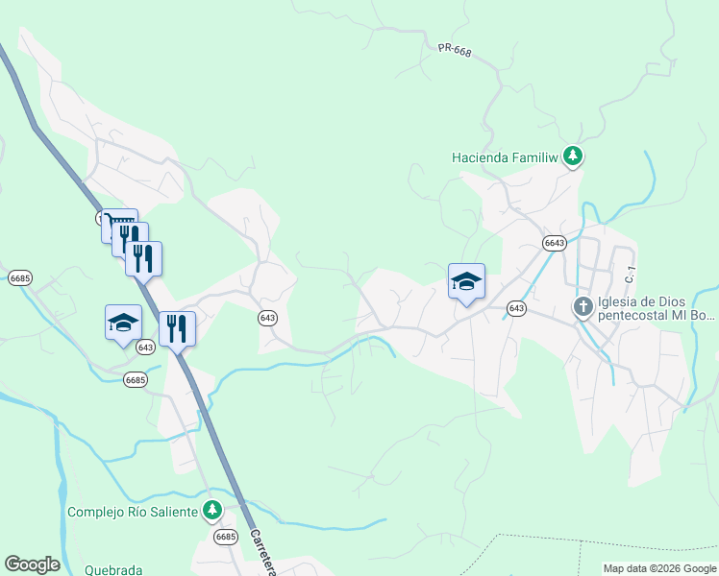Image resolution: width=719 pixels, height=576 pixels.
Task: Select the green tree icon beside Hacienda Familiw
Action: coord(573,156)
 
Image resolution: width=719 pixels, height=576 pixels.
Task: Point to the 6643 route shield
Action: coord(554,243)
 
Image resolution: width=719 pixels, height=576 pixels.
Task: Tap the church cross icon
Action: coord(583,307)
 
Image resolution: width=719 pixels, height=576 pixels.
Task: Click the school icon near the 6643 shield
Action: coord(466,281)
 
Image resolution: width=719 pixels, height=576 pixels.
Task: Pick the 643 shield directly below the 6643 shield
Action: coord(516,308)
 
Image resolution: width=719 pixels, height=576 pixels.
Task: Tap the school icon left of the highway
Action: coord(124,323)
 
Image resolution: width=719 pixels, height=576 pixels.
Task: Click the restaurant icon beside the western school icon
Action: coord(177,328)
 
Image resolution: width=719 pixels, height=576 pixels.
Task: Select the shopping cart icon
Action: coord(119,225)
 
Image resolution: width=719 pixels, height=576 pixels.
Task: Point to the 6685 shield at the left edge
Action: coord(19,277)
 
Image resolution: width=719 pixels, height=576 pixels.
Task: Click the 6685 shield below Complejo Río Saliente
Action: coord(225,536)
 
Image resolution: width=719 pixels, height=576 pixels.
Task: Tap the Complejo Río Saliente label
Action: coord(133,512)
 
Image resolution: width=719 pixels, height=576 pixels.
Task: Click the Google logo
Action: coord(32,564)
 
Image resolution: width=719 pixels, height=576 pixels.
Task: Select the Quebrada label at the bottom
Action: coord(113,569)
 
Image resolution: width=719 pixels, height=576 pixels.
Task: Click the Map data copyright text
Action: coord(658,568)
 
